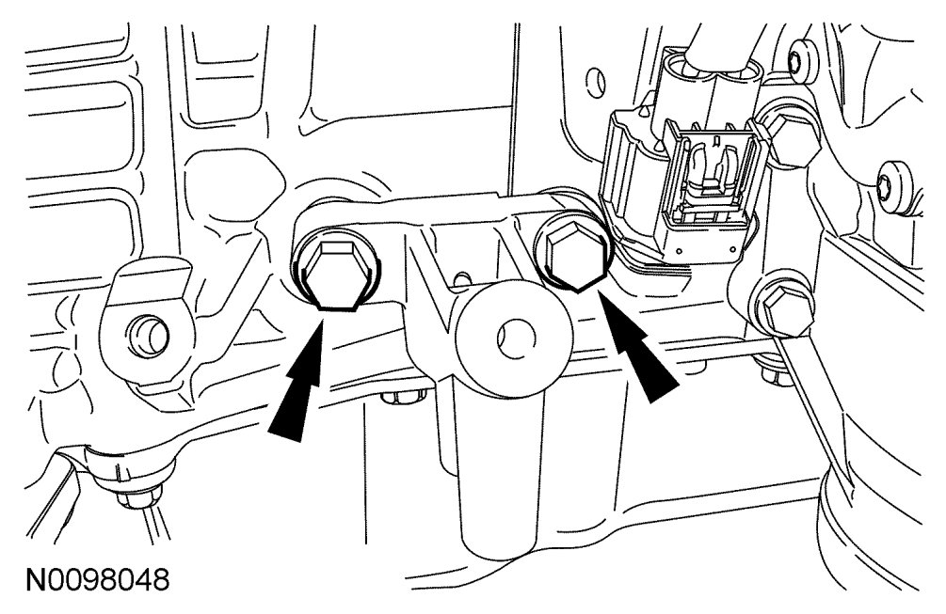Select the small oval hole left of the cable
click(x=595, y=71)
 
